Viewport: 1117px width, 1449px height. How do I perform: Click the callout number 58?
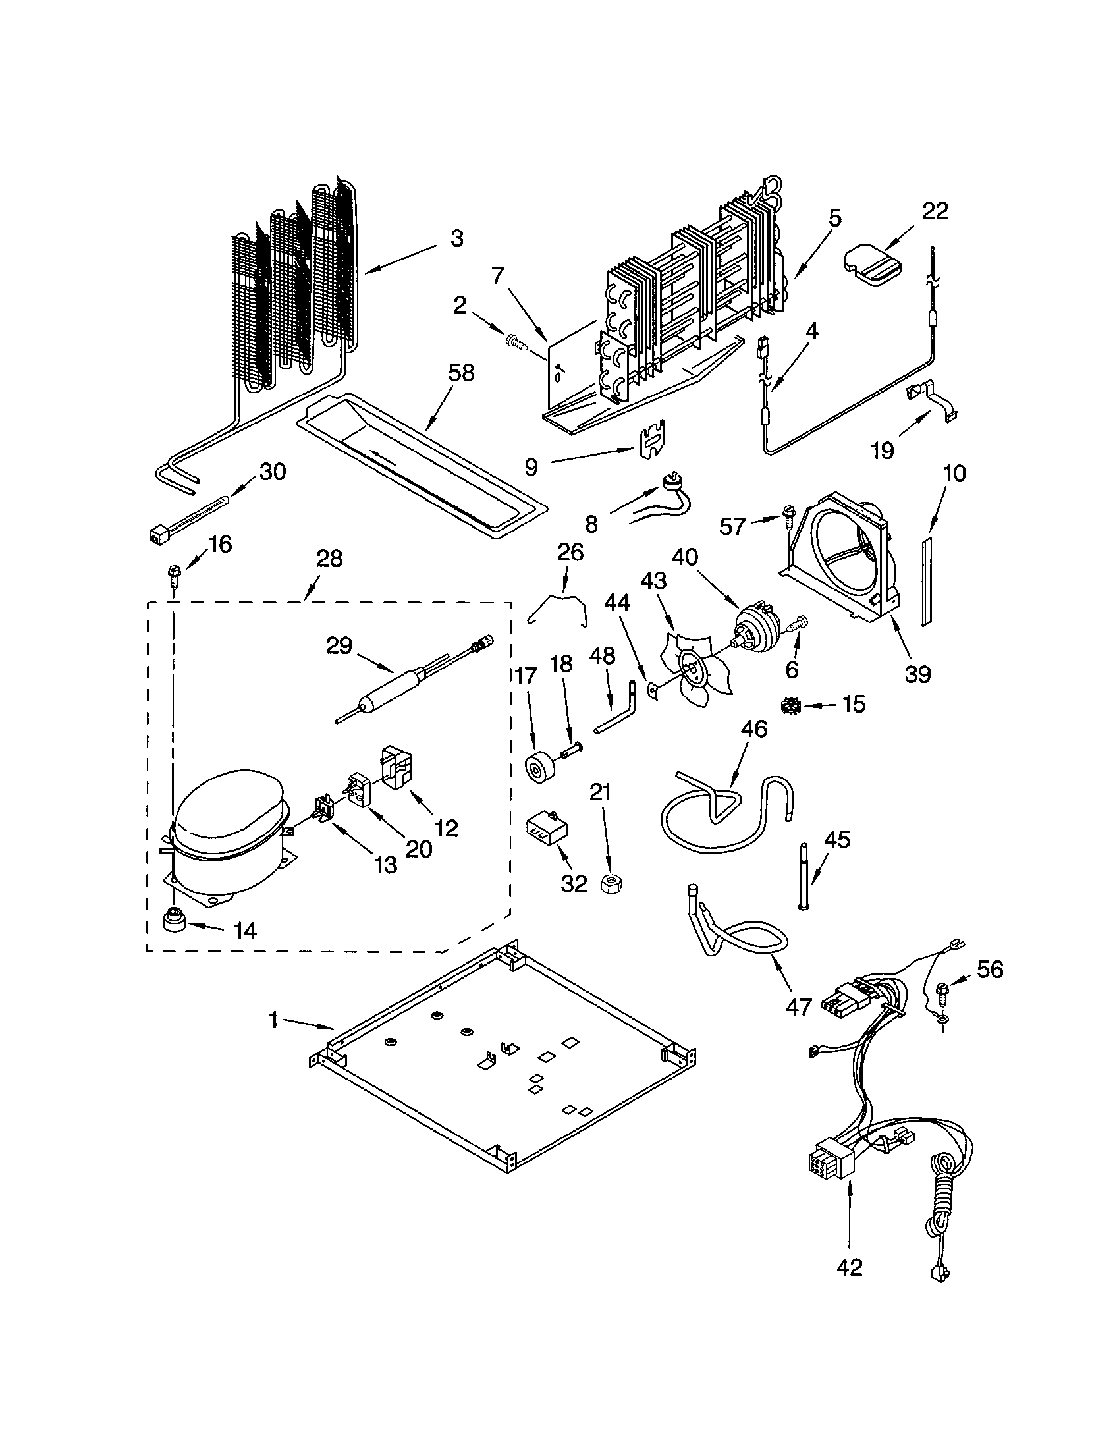pyautogui.click(x=461, y=373)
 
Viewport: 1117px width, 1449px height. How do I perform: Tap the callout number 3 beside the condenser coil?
pyautogui.click(x=456, y=239)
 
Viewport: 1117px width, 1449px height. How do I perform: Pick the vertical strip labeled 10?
pyautogui.click(x=926, y=579)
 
